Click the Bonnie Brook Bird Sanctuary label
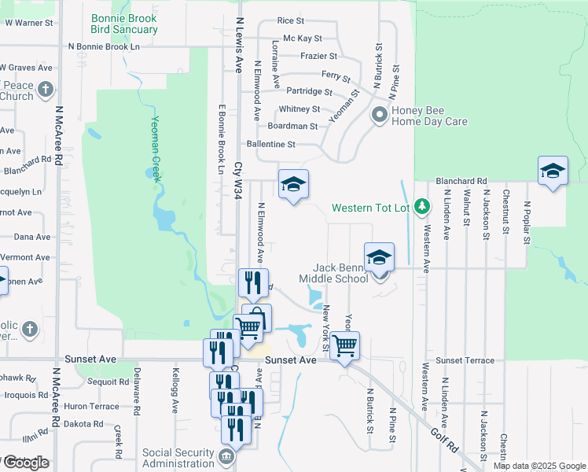click(x=124, y=24)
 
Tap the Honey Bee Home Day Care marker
click(x=380, y=116)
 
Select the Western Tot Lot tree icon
click(x=423, y=206)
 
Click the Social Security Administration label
click(x=178, y=458)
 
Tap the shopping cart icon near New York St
click(x=344, y=345)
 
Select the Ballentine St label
click(x=270, y=145)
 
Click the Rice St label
click(x=291, y=20)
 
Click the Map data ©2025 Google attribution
click(x=540, y=466)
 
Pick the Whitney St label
click(x=299, y=109)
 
